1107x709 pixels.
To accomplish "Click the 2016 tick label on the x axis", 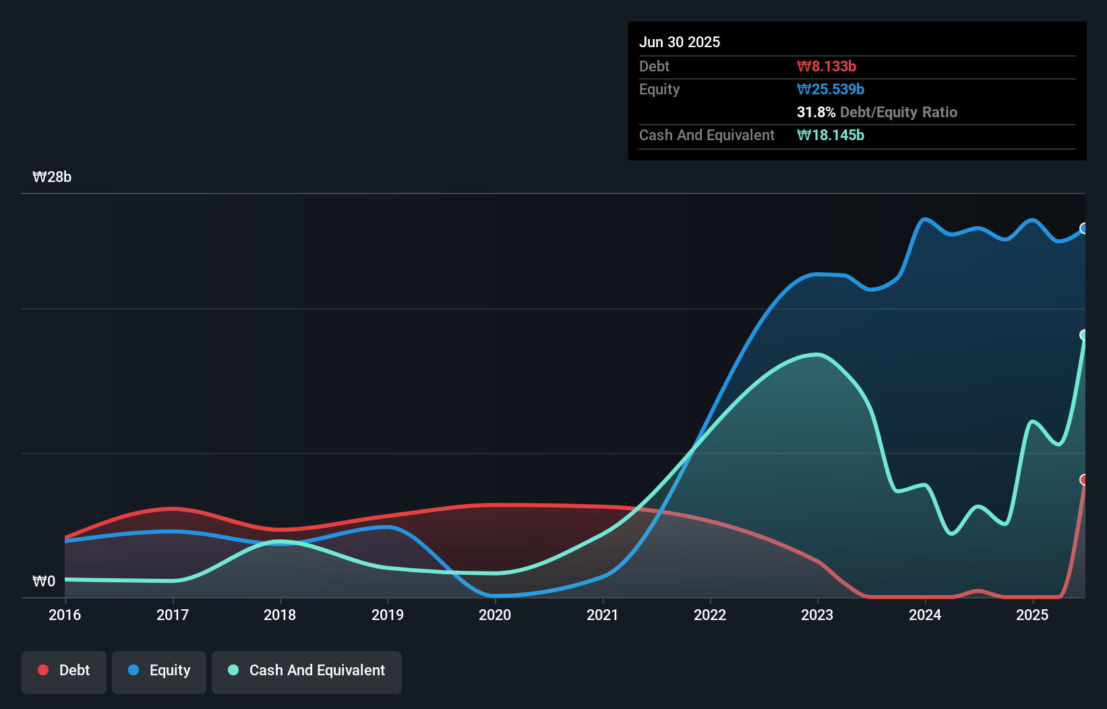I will pos(65,615).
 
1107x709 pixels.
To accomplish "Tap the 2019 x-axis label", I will pos(388,615).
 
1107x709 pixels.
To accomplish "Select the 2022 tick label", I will pos(710,615).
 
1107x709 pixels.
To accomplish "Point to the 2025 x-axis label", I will pos(1032,615).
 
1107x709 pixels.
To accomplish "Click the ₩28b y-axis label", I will pos(52,177).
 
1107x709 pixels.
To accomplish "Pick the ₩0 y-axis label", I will pos(44,581).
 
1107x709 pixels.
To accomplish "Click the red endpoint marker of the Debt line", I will pos(1084,480).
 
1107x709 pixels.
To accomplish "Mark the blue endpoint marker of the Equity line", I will pos(1084,228).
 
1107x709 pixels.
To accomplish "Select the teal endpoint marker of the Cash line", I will pos(1084,335).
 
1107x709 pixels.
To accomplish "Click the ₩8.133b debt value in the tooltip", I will pos(827,67).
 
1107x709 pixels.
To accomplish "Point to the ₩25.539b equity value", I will pos(831,90).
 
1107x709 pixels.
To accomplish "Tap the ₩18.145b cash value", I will pos(831,135).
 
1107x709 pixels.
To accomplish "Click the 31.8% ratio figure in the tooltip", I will pos(816,113).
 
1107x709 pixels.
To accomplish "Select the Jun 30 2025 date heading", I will pos(680,42).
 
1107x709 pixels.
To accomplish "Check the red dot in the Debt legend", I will pos(43,670).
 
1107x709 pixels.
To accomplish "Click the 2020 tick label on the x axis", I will pos(495,615).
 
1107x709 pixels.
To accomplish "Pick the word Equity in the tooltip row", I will pos(659,90).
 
